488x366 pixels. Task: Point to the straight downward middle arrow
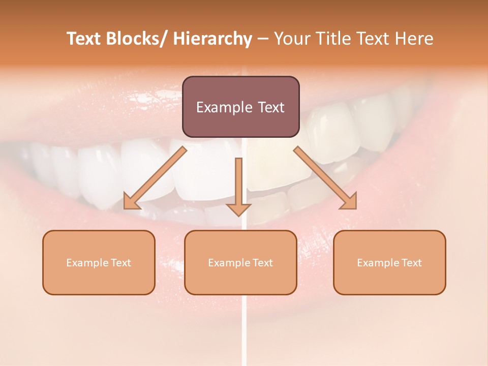point(238,183)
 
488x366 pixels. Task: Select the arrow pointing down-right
point(323,176)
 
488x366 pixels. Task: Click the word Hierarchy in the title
point(212,39)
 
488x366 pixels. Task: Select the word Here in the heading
point(414,39)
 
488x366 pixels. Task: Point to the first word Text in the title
point(84,39)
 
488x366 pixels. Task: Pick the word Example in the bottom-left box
point(87,263)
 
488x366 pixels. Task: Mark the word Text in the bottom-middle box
point(262,263)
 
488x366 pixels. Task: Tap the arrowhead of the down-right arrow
point(349,201)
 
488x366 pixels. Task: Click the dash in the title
point(263,39)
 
